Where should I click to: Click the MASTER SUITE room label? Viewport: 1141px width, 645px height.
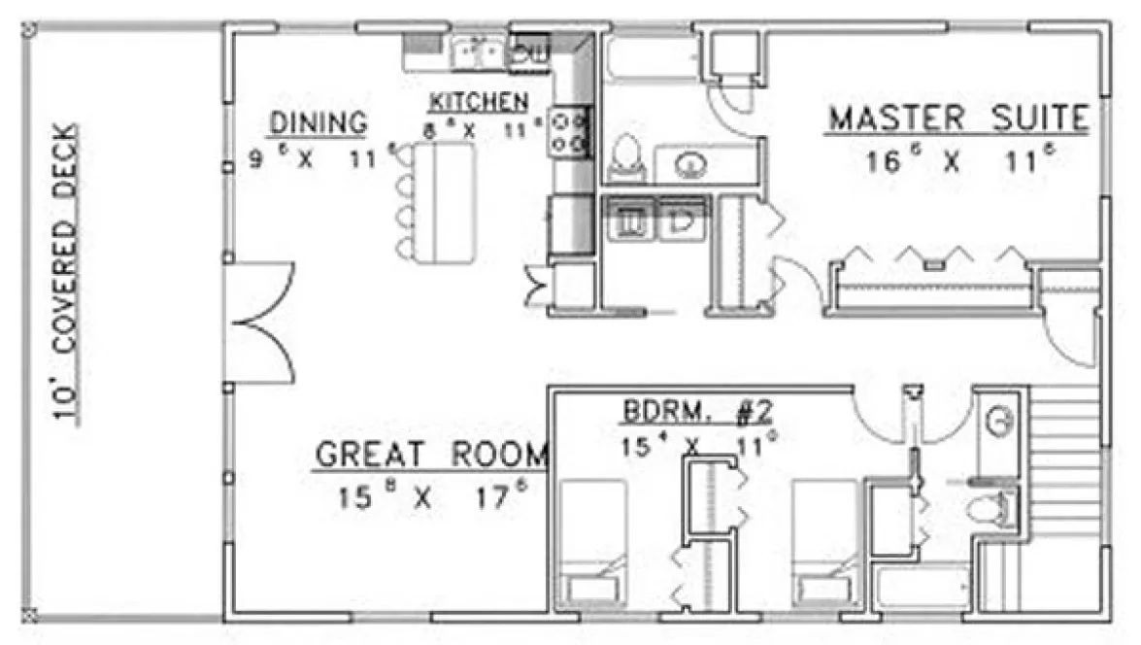pyautogui.click(x=957, y=119)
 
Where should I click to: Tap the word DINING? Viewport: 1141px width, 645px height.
pyautogui.click(x=319, y=123)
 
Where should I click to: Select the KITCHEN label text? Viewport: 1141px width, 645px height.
pyautogui.click(x=480, y=101)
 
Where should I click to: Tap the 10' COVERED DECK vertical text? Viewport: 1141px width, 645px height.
pyautogui.click(x=65, y=272)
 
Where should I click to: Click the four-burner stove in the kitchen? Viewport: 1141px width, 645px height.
pyautogui.click(x=570, y=132)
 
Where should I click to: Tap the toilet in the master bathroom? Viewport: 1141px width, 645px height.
pyautogui.click(x=626, y=158)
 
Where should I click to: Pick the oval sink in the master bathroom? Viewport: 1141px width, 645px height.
pyautogui.click(x=690, y=166)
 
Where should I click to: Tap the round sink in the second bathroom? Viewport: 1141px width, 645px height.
pyautogui.click(x=999, y=421)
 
